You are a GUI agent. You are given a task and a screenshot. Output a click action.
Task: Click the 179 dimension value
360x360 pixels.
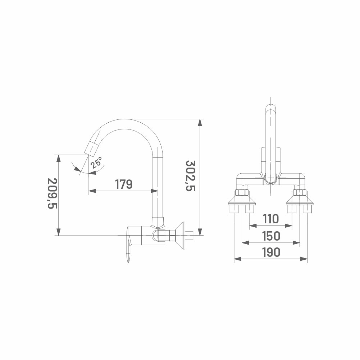coord(124,184)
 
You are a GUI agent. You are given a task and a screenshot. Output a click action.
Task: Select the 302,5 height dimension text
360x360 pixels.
coord(190,176)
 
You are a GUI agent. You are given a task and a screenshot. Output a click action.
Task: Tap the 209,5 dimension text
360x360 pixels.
coord(52,193)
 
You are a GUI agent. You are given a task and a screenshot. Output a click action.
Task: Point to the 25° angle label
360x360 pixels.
coord(96,163)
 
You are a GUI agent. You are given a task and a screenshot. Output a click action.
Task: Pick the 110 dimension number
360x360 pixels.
coord(271,219)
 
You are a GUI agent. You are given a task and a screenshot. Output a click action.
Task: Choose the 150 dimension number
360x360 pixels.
coord(271,236)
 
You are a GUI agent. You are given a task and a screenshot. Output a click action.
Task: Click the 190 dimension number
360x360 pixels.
coord(271,252)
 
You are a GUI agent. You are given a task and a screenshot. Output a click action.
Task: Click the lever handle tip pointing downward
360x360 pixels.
coord(128,260)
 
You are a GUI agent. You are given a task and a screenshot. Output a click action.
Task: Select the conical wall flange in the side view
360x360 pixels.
coord(180,236)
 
